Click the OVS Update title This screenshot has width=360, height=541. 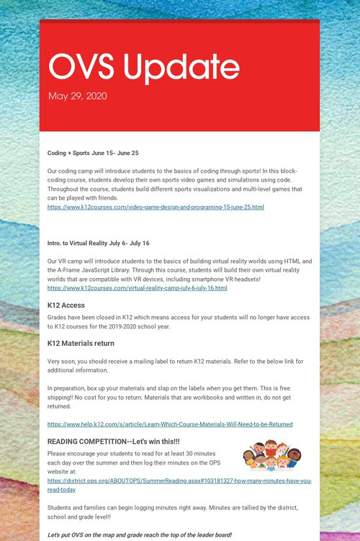click(144, 67)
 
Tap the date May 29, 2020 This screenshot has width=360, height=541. click(78, 96)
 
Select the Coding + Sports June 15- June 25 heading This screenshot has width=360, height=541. click(93, 153)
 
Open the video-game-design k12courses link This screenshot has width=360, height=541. click(156, 207)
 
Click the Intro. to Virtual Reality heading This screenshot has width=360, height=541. click(98, 243)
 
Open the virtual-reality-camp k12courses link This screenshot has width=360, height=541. click(137, 287)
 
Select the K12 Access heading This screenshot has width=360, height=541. click(66, 305)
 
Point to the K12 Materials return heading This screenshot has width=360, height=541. click(81, 343)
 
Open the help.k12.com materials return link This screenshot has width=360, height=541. click(170, 424)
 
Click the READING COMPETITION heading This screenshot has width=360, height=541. click(114, 441)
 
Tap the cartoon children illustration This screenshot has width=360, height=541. click(271, 455)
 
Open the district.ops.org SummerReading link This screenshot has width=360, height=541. click(179, 485)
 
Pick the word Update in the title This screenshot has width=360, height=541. click(182, 67)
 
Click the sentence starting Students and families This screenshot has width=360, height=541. click(173, 508)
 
